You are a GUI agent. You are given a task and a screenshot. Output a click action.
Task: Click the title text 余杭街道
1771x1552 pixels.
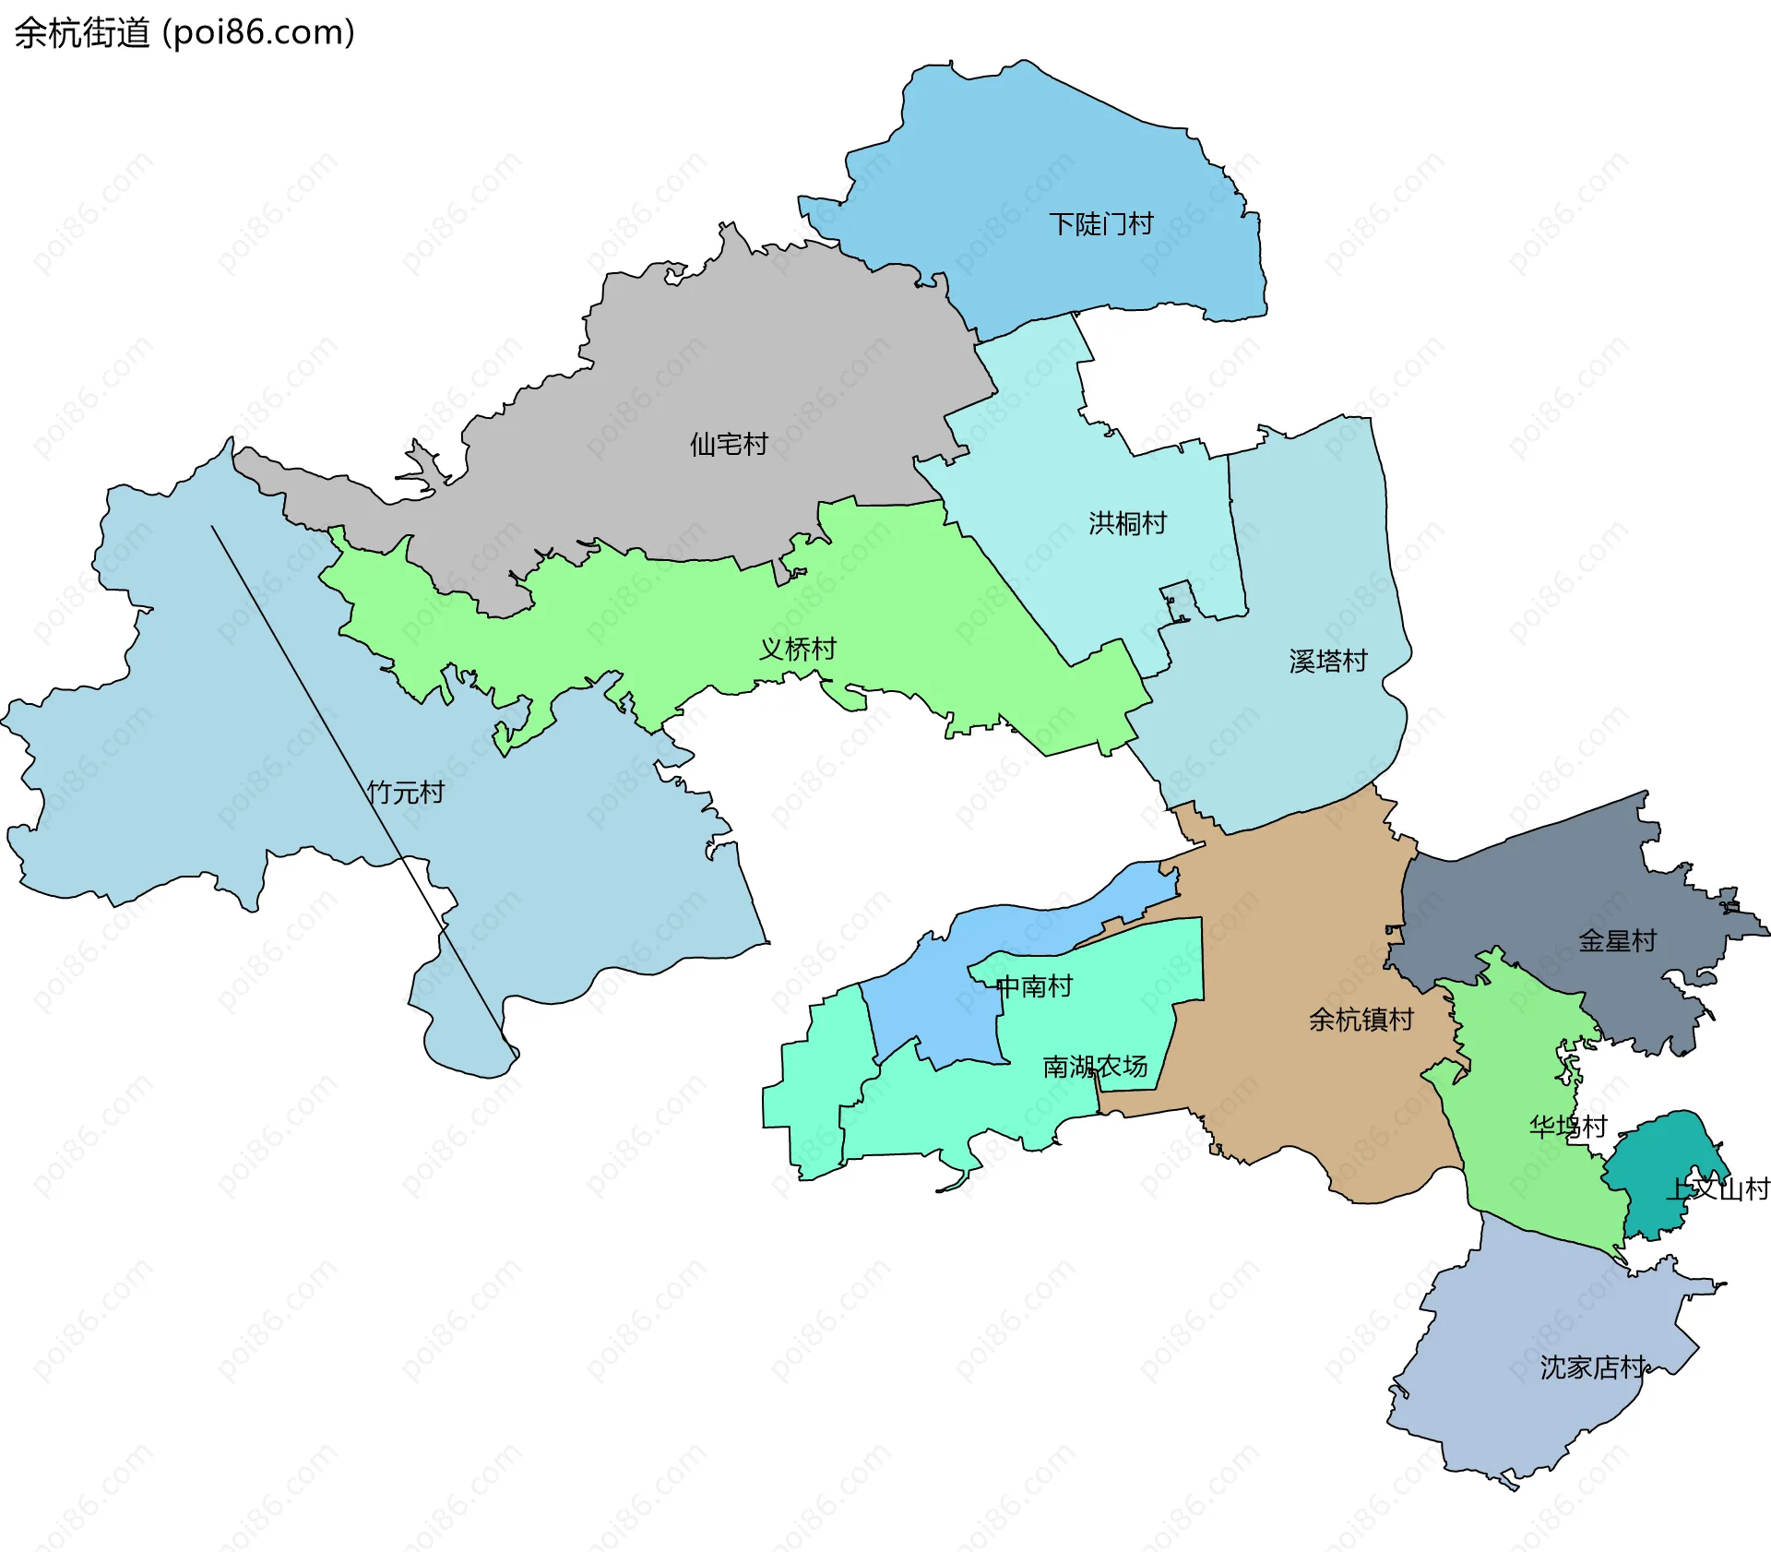pyautogui.click(x=81, y=33)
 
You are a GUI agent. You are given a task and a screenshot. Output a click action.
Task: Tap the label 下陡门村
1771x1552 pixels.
pyautogui.click(x=1100, y=224)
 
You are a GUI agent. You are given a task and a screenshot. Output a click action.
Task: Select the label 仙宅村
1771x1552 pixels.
pyautogui.click(x=728, y=445)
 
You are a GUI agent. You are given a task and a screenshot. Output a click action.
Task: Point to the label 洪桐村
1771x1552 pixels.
pyautogui.click(x=1127, y=523)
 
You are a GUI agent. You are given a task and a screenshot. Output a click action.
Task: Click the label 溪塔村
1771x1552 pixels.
pyautogui.click(x=1327, y=661)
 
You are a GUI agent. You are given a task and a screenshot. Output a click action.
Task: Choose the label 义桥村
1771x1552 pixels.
pyautogui.click(x=797, y=649)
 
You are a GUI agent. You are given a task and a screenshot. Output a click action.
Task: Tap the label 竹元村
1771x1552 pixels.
pyautogui.click(x=405, y=792)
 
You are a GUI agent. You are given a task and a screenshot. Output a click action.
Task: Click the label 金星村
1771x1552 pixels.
pyautogui.click(x=1617, y=941)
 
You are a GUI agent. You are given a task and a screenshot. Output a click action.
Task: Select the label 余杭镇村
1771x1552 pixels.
pyautogui.click(x=1361, y=1020)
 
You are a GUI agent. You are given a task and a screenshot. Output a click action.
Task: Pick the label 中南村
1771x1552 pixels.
pyautogui.click(x=1034, y=986)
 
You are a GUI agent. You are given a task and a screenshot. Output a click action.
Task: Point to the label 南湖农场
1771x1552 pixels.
pyautogui.click(x=1095, y=1067)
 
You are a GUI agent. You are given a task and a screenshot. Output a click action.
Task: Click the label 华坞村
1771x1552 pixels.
pyautogui.click(x=1567, y=1127)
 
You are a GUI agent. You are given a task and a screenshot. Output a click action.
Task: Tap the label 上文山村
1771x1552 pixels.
pyautogui.click(x=1717, y=1188)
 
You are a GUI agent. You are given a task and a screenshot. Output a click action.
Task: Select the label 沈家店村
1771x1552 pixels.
pyautogui.click(x=1592, y=1367)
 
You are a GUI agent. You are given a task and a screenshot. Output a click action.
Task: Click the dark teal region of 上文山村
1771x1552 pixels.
pyautogui.click(x=1660, y=1153)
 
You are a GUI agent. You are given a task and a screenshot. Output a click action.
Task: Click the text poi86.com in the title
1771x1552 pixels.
pyautogui.click(x=258, y=33)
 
